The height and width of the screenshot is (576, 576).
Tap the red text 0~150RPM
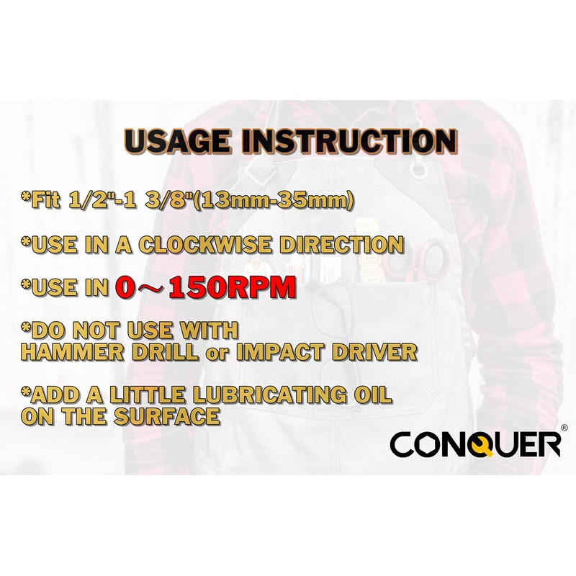[204, 288]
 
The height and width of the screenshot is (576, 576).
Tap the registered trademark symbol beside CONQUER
[563, 427]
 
